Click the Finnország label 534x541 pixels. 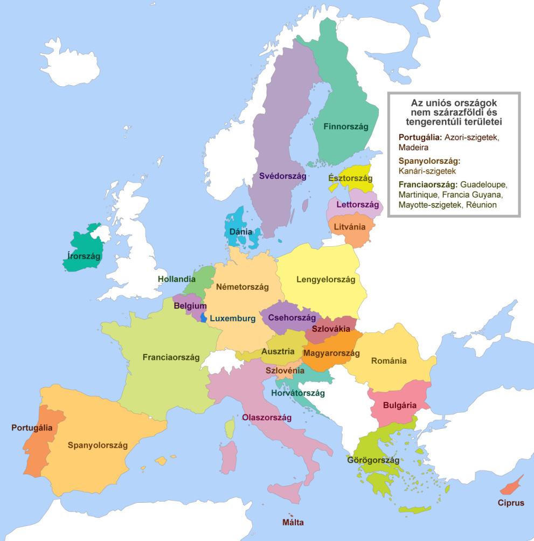click(345, 127)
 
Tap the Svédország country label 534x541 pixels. click(282, 176)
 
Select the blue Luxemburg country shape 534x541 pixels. click(204, 317)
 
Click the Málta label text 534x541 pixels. click(293, 522)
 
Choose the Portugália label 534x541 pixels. click(32, 428)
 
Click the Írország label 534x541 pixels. click(81, 256)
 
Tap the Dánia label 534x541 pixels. click(241, 232)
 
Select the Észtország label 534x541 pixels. click(350, 178)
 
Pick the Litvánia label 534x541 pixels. click(350, 227)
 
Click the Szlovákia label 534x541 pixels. click(331, 329)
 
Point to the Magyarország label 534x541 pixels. click(331, 353)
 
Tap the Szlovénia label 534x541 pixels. click(285, 371)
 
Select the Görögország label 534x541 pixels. click(373, 461)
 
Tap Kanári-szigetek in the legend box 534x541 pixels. click(427, 171)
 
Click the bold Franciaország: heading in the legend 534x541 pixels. click(428, 185)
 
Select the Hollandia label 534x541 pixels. click(176, 279)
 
